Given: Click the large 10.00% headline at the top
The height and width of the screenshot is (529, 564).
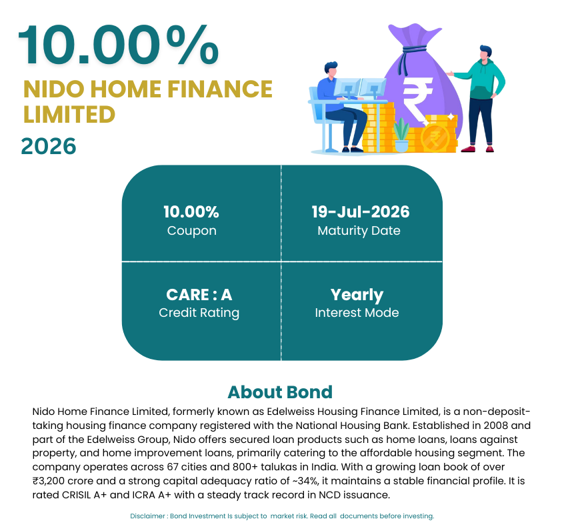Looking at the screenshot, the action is tap(119, 45).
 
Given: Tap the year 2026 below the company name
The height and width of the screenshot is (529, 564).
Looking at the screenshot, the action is tap(49, 147).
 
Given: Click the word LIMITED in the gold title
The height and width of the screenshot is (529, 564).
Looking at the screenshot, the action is tap(69, 115).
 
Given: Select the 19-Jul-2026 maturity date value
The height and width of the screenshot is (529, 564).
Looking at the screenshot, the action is tap(361, 211).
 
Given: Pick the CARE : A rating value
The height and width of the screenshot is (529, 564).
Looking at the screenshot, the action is tap(199, 295).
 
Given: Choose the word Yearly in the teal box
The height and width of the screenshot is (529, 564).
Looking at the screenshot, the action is tap(357, 296).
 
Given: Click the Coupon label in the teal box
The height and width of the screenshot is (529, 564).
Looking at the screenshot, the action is tap(192, 231).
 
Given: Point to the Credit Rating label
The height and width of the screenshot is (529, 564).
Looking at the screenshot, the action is tap(199, 313).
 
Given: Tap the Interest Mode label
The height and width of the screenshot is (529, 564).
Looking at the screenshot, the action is tap(357, 313).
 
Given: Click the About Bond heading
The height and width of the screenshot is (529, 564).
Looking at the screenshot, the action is tap(280, 392).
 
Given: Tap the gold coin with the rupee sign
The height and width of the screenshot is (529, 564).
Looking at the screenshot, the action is tap(435, 138).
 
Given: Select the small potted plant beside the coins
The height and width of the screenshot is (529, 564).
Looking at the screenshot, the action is tap(401, 135).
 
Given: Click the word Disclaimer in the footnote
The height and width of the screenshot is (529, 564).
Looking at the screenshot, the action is tap(147, 516).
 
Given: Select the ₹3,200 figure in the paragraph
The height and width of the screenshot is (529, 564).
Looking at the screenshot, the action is tap(49, 481).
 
